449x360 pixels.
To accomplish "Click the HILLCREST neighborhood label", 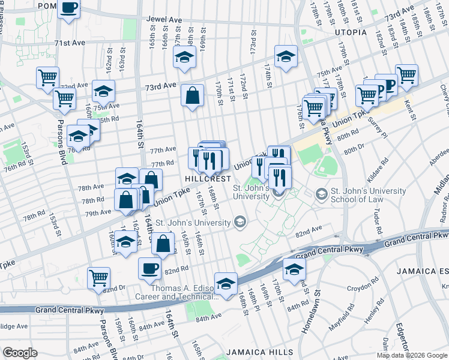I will (208, 179).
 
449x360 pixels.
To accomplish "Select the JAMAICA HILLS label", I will (260, 352).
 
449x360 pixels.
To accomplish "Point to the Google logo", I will (20, 353).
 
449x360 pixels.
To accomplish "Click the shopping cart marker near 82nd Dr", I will (98, 277).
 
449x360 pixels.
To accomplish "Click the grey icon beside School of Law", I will (322, 194).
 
